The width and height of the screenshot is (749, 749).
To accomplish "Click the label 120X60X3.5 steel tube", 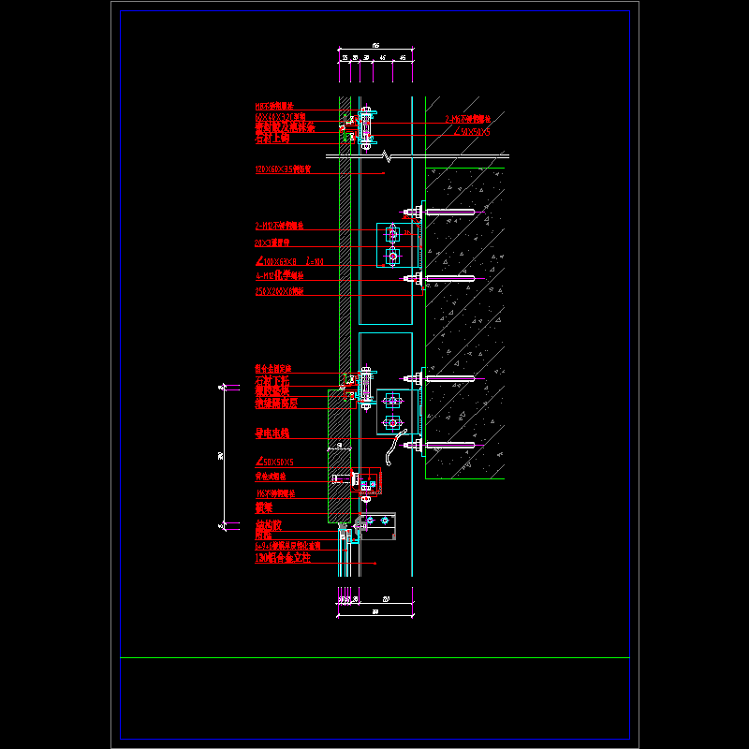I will (283, 169).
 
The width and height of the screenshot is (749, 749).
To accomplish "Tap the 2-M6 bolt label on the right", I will (468, 119).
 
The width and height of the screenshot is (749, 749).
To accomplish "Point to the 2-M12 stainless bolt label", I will (280, 226).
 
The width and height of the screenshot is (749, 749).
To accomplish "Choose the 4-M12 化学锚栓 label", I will (279, 276).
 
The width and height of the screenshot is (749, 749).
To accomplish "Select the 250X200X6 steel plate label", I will (280, 291).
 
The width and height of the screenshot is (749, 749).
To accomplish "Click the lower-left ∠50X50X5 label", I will (275, 462).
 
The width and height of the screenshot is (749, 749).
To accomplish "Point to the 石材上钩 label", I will (272, 138).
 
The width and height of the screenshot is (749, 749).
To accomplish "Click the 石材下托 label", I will (272, 381).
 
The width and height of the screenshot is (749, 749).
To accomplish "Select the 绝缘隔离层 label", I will (276, 404).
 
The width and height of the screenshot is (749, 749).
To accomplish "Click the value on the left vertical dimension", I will (221, 454).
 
